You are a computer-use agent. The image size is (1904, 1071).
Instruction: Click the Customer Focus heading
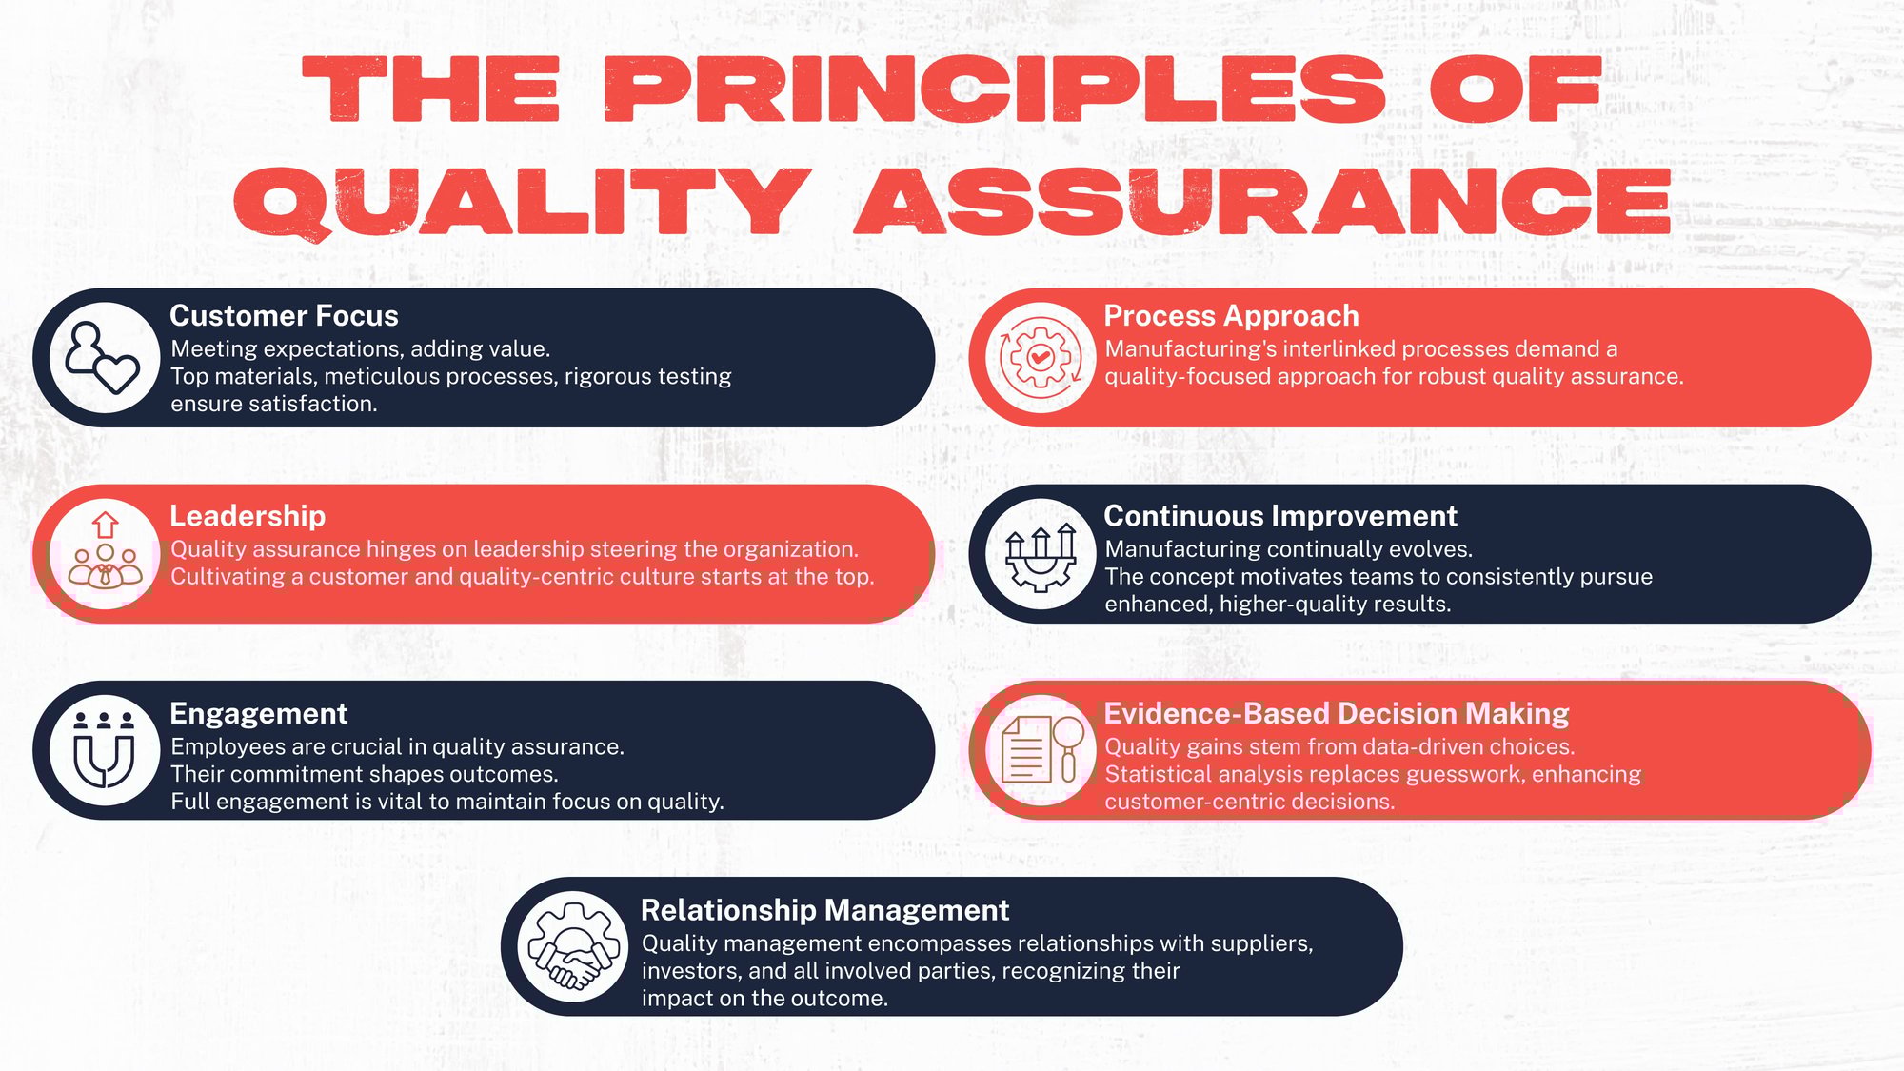tap(284, 316)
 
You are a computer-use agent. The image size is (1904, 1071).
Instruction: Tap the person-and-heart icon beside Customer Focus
tap(105, 358)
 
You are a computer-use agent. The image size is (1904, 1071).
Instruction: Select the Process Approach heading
tap(1231, 316)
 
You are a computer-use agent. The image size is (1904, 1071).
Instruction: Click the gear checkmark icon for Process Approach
tap(1041, 358)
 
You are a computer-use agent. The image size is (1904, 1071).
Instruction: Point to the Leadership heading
tap(248, 516)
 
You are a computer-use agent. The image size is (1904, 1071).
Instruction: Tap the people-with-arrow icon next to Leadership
tap(105, 554)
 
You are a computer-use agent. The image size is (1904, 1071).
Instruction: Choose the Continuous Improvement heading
tap(1279, 516)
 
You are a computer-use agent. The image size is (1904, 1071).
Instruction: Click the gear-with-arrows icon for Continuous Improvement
tap(1041, 554)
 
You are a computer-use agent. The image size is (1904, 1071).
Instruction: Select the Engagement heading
tap(258, 714)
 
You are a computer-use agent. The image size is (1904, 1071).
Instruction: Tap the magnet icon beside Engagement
tap(105, 750)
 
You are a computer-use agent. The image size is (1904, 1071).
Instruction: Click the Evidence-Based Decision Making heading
tap(1336, 714)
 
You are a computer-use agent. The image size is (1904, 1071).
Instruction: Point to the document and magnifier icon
tap(1041, 750)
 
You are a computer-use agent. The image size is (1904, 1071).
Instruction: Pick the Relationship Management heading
tap(824, 910)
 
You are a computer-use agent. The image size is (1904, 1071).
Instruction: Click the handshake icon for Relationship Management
tap(572, 947)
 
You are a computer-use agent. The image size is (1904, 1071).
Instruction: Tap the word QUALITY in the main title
tap(522, 202)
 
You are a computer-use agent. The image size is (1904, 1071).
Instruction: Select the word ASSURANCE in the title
tap(1262, 202)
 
